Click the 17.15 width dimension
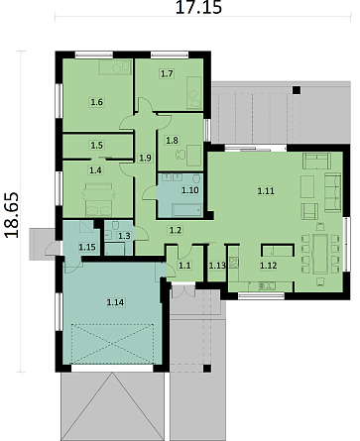click(x=198, y=7)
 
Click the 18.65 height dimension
click(x=12, y=215)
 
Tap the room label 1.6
click(x=97, y=102)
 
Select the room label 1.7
click(x=167, y=73)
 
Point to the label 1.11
click(x=266, y=190)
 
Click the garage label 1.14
click(x=115, y=302)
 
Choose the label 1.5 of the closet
click(x=97, y=145)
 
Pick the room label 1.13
click(x=217, y=266)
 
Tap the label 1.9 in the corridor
click(x=145, y=158)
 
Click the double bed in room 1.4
click(x=98, y=199)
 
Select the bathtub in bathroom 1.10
click(x=187, y=210)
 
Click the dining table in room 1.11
click(x=320, y=254)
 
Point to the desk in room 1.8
click(x=194, y=156)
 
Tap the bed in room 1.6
click(x=115, y=67)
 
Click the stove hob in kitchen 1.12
click(x=234, y=263)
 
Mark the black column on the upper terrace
click(x=297, y=90)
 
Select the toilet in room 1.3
click(x=115, y=225)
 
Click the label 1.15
click(x=87, y=247)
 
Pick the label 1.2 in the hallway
click(x=176, y=230)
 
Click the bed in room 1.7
click(x=194, y=93)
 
